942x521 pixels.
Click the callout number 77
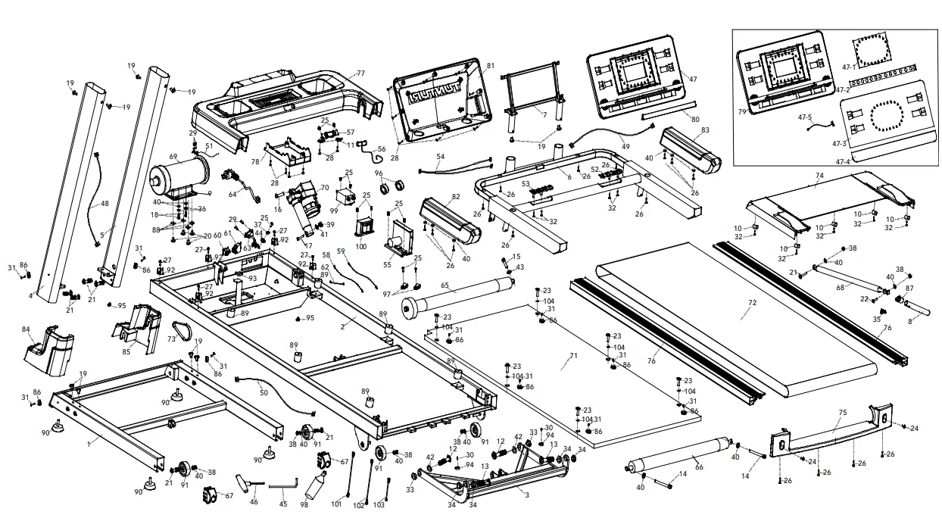360,73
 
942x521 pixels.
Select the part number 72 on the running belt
752,302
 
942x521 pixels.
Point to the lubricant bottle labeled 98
315,485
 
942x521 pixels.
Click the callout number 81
491,66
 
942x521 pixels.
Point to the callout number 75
843,413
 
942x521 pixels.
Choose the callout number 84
26,329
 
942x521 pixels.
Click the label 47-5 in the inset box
804,117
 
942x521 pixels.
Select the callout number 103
379,504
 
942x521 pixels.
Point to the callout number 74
819,175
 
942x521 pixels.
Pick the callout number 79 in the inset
742,111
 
